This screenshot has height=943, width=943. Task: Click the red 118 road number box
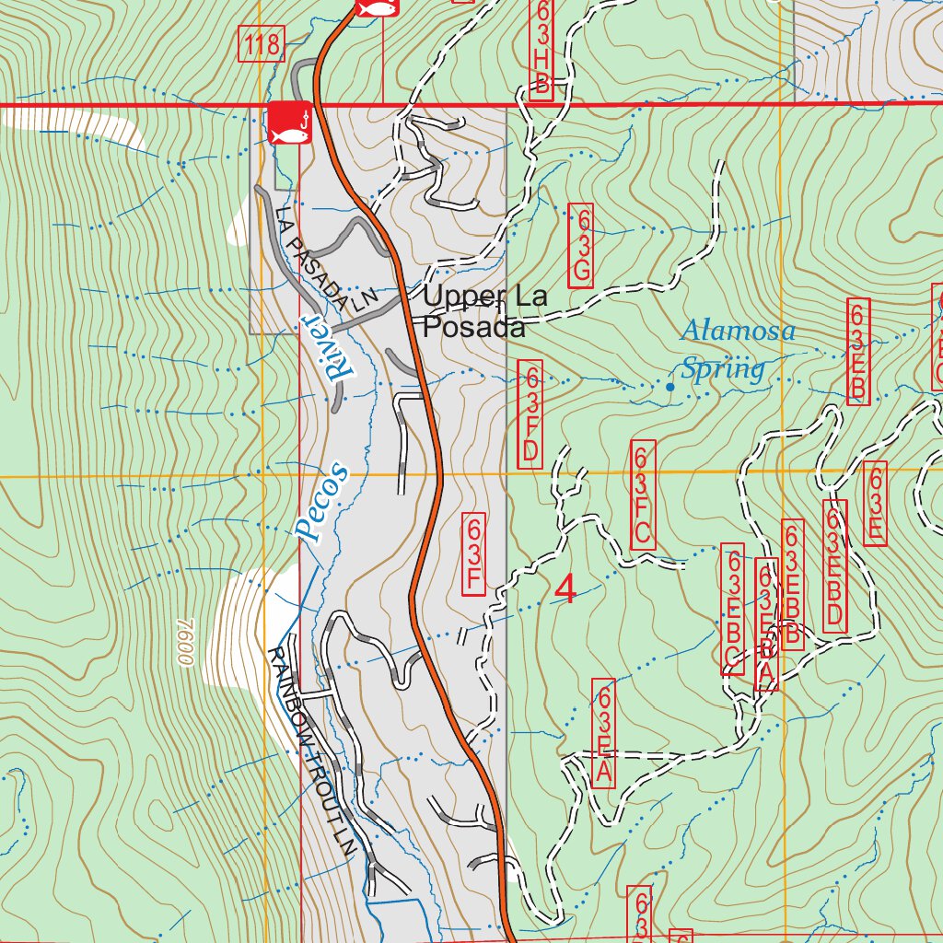(262, 44)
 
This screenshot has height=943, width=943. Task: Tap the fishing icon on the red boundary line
(289, 123)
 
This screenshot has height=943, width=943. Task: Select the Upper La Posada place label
(484, 311)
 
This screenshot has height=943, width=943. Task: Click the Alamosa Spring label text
(737, 350)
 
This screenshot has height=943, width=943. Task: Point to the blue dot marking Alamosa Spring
(669, 388)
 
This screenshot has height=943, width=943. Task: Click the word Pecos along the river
(322, 502)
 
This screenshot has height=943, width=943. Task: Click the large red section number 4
(565, 590)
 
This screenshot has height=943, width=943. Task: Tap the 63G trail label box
(581, 245)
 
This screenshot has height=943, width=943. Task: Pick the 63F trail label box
(473, 553)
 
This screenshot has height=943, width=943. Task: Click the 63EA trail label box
(603, 734)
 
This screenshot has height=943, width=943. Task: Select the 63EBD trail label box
(834, 566)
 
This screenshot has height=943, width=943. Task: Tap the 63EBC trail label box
(733, 609)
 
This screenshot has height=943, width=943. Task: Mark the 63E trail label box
(876, 504)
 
